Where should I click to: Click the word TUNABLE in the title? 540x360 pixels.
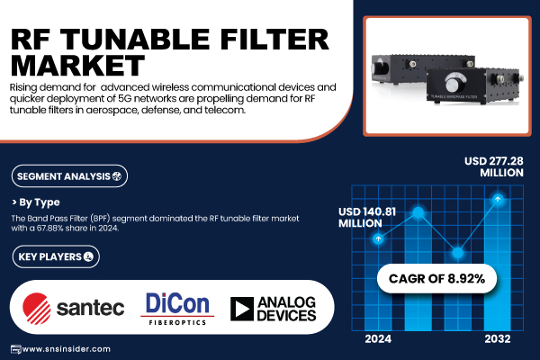(x=135, y=40)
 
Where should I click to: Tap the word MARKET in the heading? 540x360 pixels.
(x=77, y=65)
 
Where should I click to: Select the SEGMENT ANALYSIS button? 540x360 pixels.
(x=69, y=176)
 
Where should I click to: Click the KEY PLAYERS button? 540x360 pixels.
(x=56, y=256)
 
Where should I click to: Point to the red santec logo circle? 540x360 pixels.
(x=37, y=309)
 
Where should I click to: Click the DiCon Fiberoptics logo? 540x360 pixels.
(x=177, y=309)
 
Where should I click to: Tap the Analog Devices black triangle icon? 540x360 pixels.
(x=242, y=309)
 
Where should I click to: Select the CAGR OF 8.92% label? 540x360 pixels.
(x=436, y=278)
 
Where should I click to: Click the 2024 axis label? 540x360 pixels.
(x=378, y=339)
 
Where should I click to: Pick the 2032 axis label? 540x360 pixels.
(x=498, y=339)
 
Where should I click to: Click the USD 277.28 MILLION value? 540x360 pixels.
(x=494, y=166)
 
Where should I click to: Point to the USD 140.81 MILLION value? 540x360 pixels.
(x=367, y=218)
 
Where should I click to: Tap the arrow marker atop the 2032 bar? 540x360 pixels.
(x=498, y=199)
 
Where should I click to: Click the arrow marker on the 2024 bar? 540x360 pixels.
(x=378, y=238)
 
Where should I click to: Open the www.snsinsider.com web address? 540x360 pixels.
(x=66, y=349)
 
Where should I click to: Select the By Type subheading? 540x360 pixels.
(x=40, y=202)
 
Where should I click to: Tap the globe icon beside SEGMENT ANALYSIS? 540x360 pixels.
(x=117, y=176)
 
